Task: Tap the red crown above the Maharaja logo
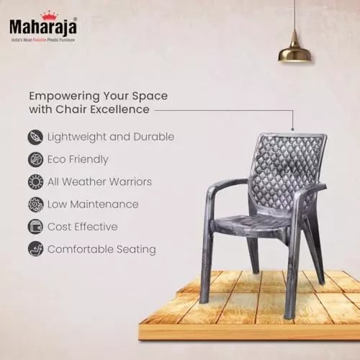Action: coord(49,14)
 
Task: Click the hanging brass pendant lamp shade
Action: coord(295,50)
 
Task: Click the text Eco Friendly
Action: coord(78,159)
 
